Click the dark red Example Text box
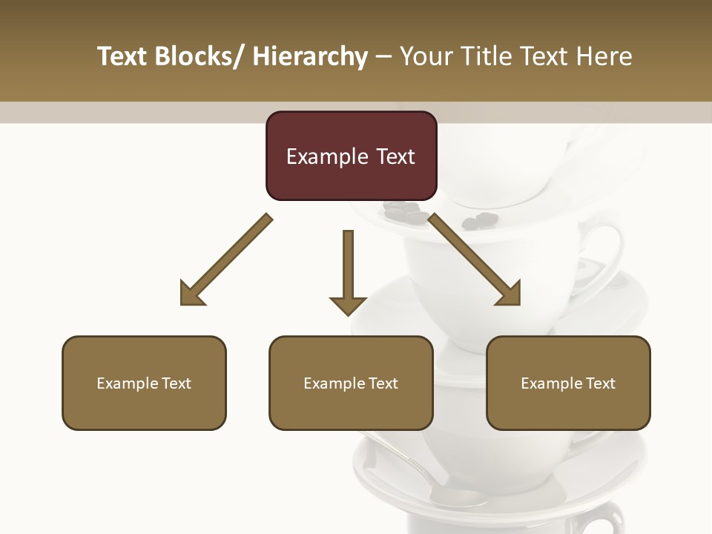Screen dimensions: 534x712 [351, 156]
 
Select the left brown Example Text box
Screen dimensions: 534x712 [144, 383]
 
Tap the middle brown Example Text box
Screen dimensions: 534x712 [351, 383]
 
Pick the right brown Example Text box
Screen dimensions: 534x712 [568, 383]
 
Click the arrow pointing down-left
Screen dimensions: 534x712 [226, 260]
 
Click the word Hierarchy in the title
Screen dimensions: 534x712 [310, 56]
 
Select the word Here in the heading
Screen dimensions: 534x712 [604, 56]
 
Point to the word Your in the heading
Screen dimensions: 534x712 [425, 56]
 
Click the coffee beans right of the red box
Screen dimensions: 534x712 [478, 220]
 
